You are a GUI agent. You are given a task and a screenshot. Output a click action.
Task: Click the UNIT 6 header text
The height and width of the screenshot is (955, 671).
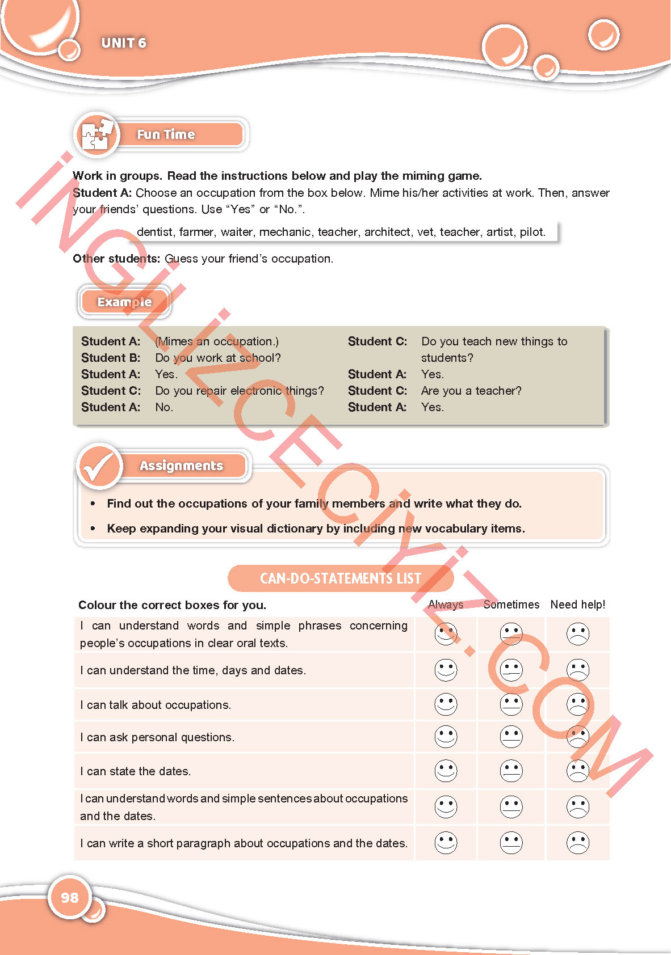click(124, 43)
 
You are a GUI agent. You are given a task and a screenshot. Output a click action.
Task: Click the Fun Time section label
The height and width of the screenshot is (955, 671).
click(166, 134)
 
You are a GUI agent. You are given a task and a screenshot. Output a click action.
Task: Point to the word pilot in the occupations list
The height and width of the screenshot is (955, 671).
click(532, 232)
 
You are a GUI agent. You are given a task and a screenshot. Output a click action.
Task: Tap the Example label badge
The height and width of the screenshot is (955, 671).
click(124, 302)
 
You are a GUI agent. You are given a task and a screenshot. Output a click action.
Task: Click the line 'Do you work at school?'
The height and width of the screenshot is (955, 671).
click(218, 358)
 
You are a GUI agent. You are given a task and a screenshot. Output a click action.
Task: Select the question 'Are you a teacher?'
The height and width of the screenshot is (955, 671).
click(471, 391)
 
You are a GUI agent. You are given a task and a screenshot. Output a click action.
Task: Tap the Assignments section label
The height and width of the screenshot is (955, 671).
click(181, 466)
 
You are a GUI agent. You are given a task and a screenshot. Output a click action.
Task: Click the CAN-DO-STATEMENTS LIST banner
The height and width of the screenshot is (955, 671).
click(341, 578)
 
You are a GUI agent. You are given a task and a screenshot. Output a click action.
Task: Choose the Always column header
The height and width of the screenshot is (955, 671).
click(446, 605)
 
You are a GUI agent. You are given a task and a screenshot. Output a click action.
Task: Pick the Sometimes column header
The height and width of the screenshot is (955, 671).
click(511, 605)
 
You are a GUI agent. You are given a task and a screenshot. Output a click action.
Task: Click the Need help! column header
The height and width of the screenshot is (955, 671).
click(577, 605)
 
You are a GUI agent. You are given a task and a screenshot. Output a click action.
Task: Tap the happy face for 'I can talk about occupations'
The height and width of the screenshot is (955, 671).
click(446, 704)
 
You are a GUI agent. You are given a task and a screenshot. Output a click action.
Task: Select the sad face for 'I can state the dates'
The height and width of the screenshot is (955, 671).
click(577, 771)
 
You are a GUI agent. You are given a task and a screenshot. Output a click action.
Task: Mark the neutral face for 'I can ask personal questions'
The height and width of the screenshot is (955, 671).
click(511, 737)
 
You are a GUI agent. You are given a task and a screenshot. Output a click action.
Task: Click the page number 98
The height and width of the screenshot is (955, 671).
click(69, 897)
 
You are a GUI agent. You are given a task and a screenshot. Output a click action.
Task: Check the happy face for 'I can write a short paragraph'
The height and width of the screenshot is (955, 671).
click(446, 843)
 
